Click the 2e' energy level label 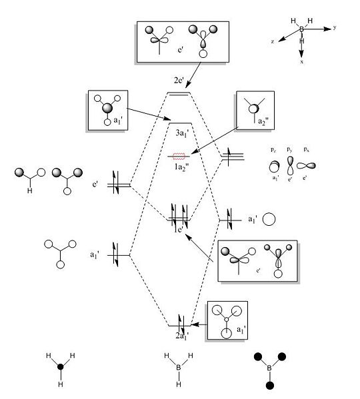point(179,81)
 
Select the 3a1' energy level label point(181,133)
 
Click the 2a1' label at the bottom point(181,335)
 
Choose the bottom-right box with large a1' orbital point(227,321)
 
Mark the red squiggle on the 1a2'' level point(179,157)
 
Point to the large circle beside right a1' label point(269,219)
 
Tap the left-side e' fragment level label point(97,180)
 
